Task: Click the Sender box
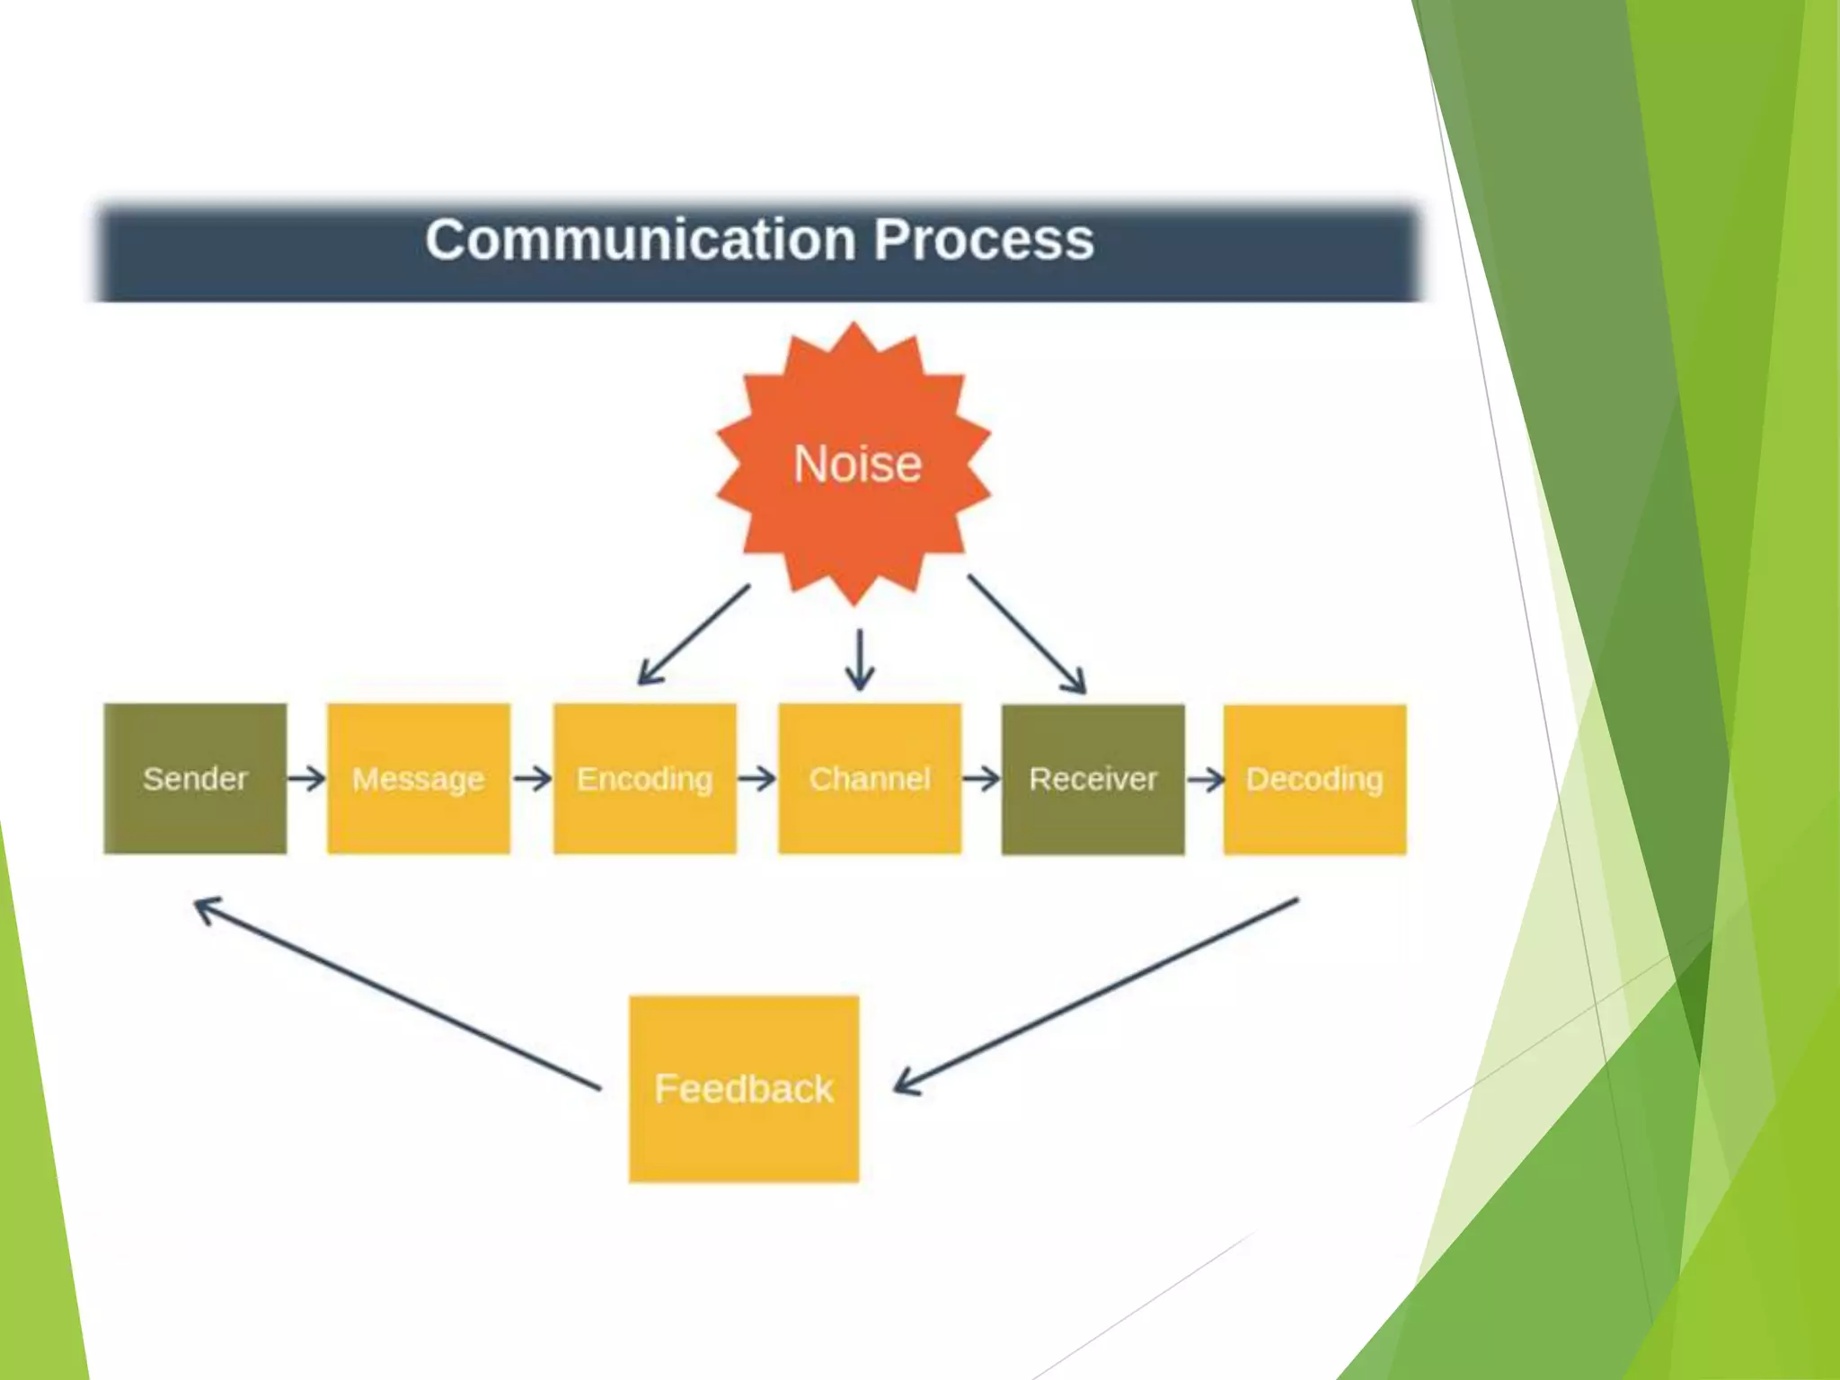[195, 778]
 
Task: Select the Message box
[419, 778]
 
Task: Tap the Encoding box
[644, 778]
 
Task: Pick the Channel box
[869, 778]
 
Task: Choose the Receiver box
[1092, 779]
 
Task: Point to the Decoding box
[1314, 779]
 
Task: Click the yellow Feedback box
[744, 1088]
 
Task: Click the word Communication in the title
[640, 240]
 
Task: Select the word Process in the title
[984, 240]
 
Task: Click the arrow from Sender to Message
[306, 778]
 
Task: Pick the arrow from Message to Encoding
[532, 778]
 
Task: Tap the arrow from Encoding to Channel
[756, 778]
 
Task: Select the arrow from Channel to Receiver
[981, 778]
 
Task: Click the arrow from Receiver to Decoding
[1205, 779]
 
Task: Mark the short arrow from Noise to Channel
[860, 659]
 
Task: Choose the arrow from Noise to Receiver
[1027, 634]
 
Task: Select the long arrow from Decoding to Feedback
[1096, 995]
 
